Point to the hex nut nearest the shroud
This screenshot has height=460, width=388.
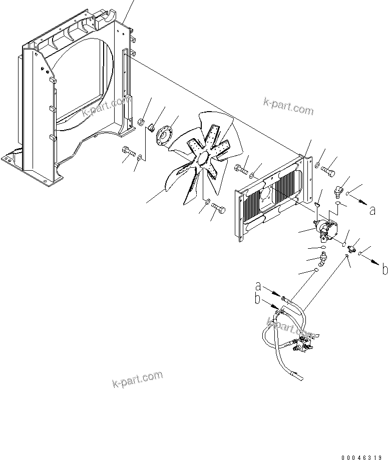click(141, 122)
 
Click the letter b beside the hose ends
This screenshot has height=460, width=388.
click(258, 299)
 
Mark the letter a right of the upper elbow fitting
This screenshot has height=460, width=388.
click(372, 210)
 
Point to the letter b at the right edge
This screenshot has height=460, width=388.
click(384, 270)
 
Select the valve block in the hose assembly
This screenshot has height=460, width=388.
click(303, 345)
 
